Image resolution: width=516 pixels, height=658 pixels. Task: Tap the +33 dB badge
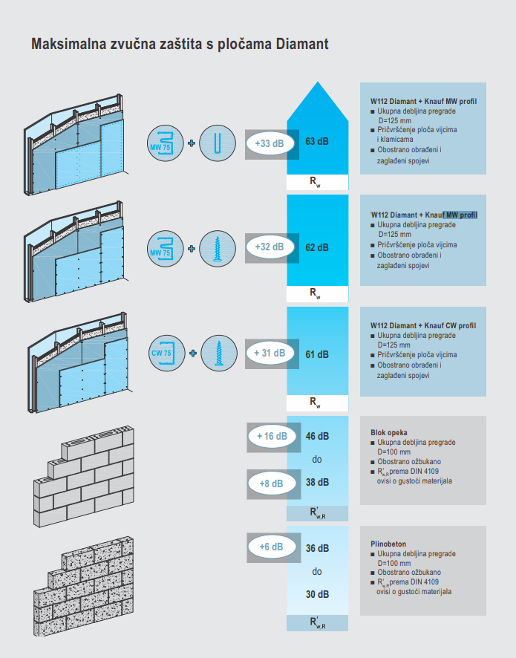pos(269,143)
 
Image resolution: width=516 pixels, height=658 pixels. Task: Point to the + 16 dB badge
pos(271,437)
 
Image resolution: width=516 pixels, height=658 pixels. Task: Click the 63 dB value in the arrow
pos(317,142)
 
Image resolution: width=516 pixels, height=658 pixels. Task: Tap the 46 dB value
pos(317,437)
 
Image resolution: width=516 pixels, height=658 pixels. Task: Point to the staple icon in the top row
pos(218,143)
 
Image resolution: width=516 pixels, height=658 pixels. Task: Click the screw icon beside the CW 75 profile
pos(218,354)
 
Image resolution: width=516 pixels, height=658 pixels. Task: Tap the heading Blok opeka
pos(389,432)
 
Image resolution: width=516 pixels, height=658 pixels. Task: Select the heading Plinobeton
pos(388,544)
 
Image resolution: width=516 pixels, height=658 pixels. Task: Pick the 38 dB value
pos(317,483)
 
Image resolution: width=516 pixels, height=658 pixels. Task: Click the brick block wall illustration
pos(84,476)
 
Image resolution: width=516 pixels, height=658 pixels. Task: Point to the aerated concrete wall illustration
pos(84,587)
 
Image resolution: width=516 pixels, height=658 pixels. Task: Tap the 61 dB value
pos(317,354)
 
